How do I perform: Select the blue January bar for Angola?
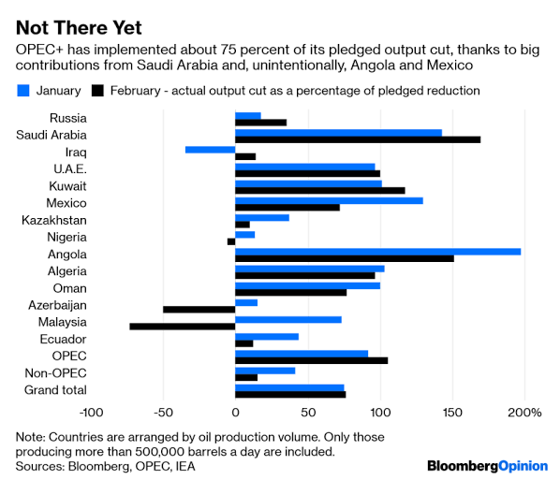tap(377, 251)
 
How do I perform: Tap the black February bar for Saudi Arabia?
tap(357, 139)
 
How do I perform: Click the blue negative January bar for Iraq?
tap(210, 149)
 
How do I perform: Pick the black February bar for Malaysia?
tap(182, 326)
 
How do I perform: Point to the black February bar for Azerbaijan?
tap(199, 309)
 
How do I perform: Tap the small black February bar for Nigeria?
tap(230, 241)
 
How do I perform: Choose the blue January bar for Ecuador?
tap(266, 336)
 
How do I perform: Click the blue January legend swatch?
tap(23, 91)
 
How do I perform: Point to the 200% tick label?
tap(524, 413)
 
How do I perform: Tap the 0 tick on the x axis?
tap(235, 413)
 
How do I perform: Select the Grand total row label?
tap(55, 389)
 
